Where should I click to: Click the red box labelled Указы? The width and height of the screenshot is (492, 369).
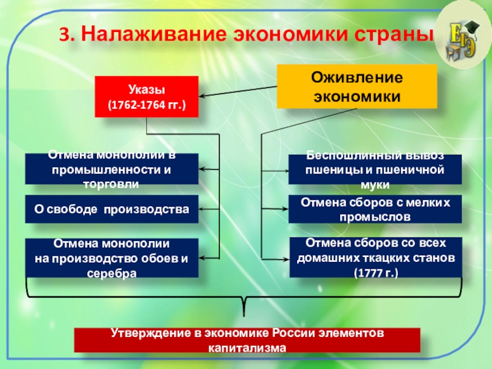[146, 96]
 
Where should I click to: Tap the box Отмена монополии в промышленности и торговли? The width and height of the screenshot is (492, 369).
[112, 169]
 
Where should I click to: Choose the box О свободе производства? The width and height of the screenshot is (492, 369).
[112, 209]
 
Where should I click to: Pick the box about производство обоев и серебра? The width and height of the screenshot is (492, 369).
[112, 258]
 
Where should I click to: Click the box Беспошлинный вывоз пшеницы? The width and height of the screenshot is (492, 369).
[375, 169]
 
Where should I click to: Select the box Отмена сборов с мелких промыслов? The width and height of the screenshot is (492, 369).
[375, 209]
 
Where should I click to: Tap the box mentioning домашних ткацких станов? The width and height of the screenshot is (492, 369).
[375, 258]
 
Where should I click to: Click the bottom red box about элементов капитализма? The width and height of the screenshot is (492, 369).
[247, 339]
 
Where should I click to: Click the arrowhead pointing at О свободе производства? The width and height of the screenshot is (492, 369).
[204, 210]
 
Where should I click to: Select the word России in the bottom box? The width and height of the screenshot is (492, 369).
[290, 333]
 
